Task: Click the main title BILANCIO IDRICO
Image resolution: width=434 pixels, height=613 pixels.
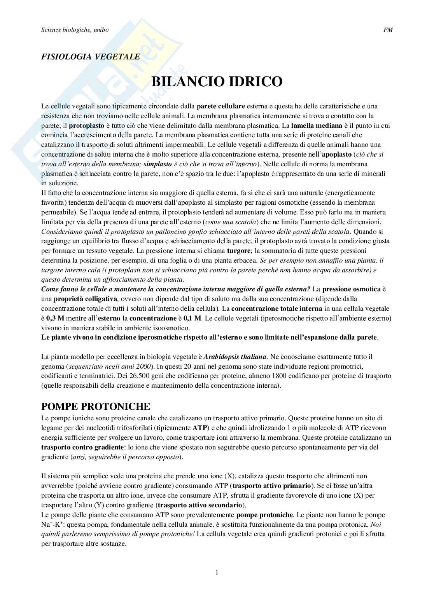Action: click(x=217, y=82)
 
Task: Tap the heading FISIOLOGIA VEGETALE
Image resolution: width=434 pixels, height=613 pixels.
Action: click(x=91, y=57)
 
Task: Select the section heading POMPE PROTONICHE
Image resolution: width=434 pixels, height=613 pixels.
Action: click(x=96, y=407)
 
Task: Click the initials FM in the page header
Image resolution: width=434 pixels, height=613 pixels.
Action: click(x=388, y=30)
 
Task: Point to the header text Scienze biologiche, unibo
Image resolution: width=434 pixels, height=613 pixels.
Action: click(x=75, y=30)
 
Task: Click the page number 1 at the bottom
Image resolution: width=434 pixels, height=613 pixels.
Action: click(x=217, y=573)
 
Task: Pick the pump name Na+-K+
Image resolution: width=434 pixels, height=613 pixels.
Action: click(x=51, y=524)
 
